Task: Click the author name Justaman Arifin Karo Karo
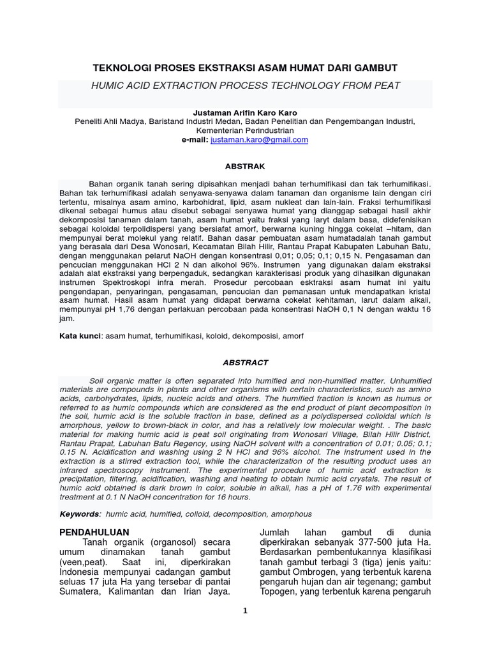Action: click(x=245, y=112)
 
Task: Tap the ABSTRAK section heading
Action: click(x=245, y=166)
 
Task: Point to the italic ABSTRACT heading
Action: click(x=245, y=362)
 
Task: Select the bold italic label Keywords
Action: click(x=79, y=513)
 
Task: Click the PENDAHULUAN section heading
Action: click(x=94, y=532)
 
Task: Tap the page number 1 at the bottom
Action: click(x=245, y=611)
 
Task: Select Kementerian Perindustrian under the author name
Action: click(x=245, y=130)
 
